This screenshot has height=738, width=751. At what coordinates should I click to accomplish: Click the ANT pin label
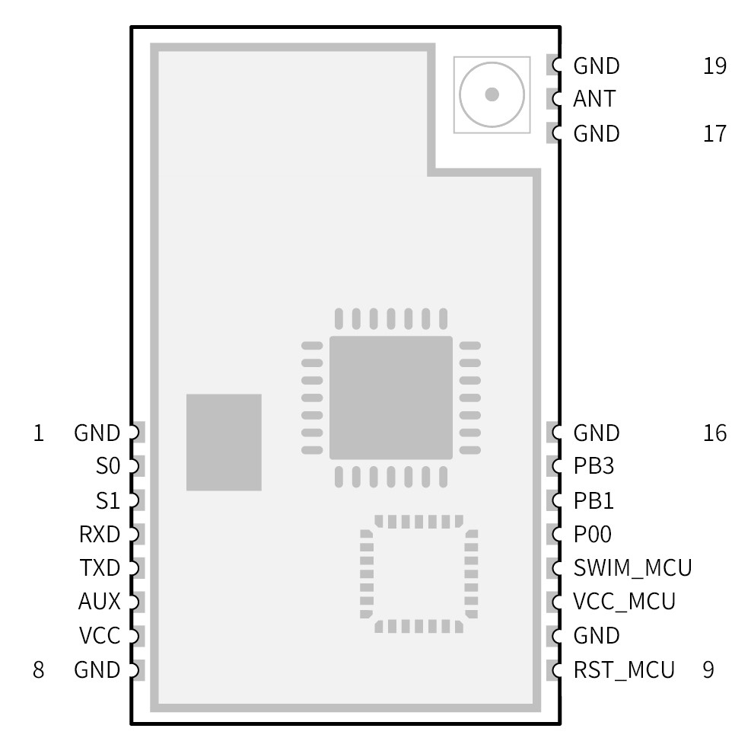pyautogui.click(x=594, y=100)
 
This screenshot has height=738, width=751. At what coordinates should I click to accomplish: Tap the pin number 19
pyautogui.click(x=715, y=66)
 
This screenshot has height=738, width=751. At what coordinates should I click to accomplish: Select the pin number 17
pyautogui.click(x=715, y=134)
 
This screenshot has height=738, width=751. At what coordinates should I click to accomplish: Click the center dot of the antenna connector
pyautogui.click(x=492, y=94)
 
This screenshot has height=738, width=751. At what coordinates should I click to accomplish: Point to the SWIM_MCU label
pyautogui.click(x=632, y=568)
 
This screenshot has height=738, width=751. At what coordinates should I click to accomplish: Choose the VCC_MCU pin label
pyautogui.click(x=624, y=602)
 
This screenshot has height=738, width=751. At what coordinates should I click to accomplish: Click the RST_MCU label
pyautogui.click(x=624, y=670)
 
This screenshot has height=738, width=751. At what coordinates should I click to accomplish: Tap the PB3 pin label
pyautogui.click(x=593, y=466)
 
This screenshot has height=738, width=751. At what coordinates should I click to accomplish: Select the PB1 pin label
pyautogui.click(x=593, y=501)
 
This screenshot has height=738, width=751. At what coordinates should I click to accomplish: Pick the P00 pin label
pyautogui.click(x=593, y=535)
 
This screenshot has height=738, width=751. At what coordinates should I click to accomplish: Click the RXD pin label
pyautogui.click(x=100, y=535)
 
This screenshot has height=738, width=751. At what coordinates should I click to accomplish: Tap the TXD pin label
pyautogui.click(x=100, y=568)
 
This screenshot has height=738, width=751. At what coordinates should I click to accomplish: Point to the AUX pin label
pyautogui.click(x=100, y=602)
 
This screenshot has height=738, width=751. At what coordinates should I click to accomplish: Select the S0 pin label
pyautogui.click(x=108, y=466)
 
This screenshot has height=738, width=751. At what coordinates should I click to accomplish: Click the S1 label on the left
pyautogui.click(x=108, y=501)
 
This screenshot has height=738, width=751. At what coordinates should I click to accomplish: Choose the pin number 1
pyautogui.click(x=38, y=433)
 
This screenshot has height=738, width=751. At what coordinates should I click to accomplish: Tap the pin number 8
pyautogui.click(x=38, y=670)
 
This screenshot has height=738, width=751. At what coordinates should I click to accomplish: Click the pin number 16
pyautogui.click(x=715, y=433)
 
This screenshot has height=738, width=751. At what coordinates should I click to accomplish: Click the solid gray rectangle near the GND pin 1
pyautogui.click(x=224, y=442)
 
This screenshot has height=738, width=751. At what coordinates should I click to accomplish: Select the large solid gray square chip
pyautogui.click(x=390, y=398)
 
